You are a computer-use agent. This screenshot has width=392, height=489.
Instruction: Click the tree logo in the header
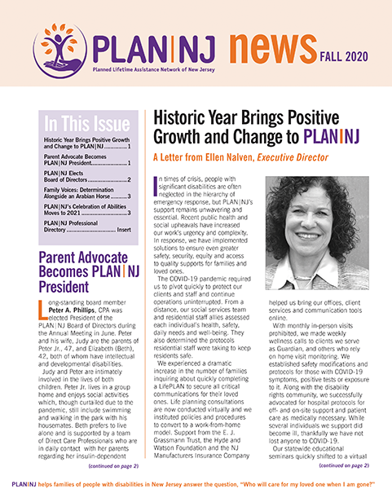pos(55,46)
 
